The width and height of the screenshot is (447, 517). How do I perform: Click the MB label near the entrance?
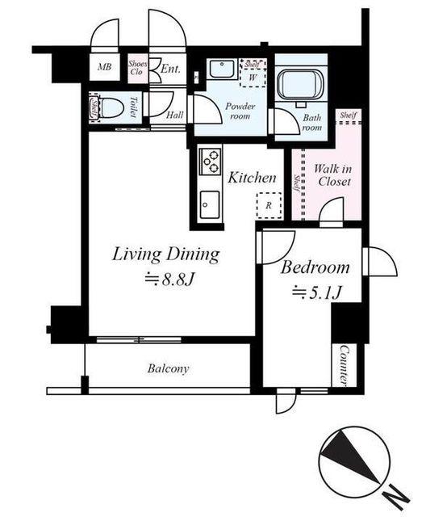[104, 67]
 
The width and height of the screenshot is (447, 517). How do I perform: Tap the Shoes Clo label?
[137, 68]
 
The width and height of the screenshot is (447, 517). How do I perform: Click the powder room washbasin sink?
[222, 69]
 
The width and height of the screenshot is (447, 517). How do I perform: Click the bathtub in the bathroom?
[300, 84]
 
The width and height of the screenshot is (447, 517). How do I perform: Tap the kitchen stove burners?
[211, 162]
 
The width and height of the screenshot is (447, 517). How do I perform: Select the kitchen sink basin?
[210, 204]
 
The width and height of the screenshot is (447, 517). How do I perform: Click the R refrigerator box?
[269, 205]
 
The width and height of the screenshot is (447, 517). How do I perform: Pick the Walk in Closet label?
[333, 175]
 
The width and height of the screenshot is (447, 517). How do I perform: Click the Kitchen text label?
[252, 178]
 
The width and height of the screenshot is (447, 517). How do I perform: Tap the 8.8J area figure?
[170, 280]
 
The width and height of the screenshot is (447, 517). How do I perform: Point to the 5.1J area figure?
[316, 292]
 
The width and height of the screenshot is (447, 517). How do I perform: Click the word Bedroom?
[315, 267]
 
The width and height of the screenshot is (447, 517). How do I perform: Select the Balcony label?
[169, 368]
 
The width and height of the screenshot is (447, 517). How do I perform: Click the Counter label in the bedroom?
[344, 365]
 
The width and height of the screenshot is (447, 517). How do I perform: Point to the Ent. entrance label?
[170, 69]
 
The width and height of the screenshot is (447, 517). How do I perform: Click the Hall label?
[175, 115]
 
